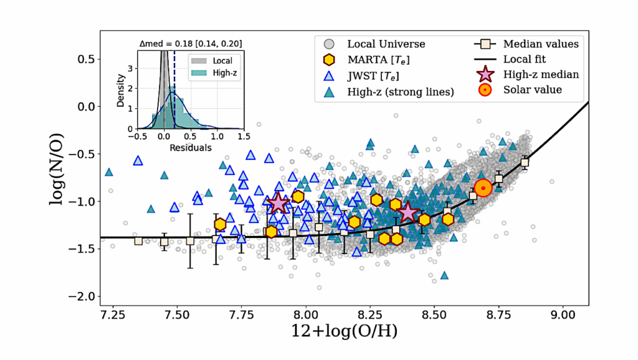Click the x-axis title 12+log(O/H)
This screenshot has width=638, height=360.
(345, 332)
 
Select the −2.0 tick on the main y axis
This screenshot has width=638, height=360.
(82, 296)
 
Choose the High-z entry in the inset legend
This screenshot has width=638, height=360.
(219, 73)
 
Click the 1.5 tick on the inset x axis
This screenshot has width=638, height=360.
(242, 136)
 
